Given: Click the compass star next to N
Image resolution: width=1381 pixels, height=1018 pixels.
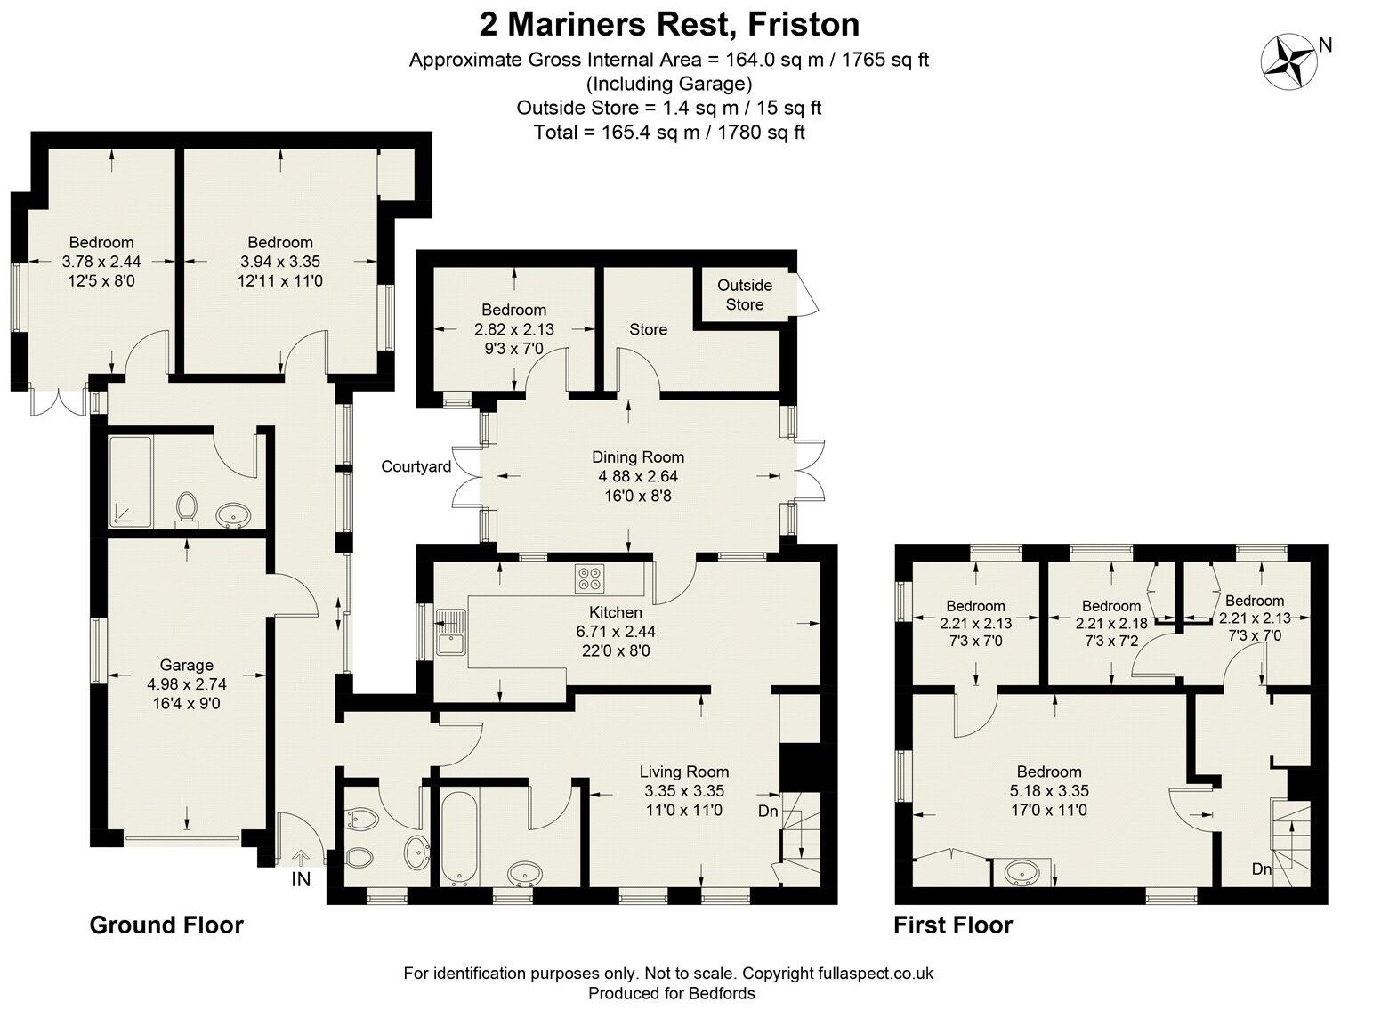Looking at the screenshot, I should click(x=1288, y=62).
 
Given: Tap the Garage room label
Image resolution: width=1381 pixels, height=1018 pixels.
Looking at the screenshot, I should click(x=186, y=665).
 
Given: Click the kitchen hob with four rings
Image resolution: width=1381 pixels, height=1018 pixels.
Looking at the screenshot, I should click(x=588, y=578).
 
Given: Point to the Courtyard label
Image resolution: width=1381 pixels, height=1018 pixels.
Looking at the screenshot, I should click(x=416, y=466).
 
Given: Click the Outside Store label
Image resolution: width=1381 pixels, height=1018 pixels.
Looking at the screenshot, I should click(x=744, y=295).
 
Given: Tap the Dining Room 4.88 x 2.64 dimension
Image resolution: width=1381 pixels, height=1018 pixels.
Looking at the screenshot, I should click(x=637, y=476).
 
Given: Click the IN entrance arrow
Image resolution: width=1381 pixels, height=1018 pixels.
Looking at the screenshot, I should click(x=300, y=858).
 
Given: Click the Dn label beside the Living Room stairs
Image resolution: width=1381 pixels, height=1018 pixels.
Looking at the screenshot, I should click(x=767, y=811).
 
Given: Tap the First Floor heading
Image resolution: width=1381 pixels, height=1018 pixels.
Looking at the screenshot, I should click(x=953, y=925).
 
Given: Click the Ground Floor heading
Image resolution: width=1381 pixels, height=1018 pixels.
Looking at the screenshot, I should click(x=166, y=925).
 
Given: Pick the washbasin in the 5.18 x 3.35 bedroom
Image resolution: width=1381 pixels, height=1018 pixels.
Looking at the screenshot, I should click(x=1022, y=873).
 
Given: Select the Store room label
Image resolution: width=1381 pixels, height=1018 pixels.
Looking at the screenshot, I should click(x=648, y=329).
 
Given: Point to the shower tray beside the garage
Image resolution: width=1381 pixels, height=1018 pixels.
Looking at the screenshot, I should click(x=128, y=481).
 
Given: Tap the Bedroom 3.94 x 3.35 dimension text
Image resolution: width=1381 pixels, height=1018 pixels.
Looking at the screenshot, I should click(x=279, y=262).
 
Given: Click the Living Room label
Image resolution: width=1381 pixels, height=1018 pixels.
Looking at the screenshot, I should click(x=683, y=772).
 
